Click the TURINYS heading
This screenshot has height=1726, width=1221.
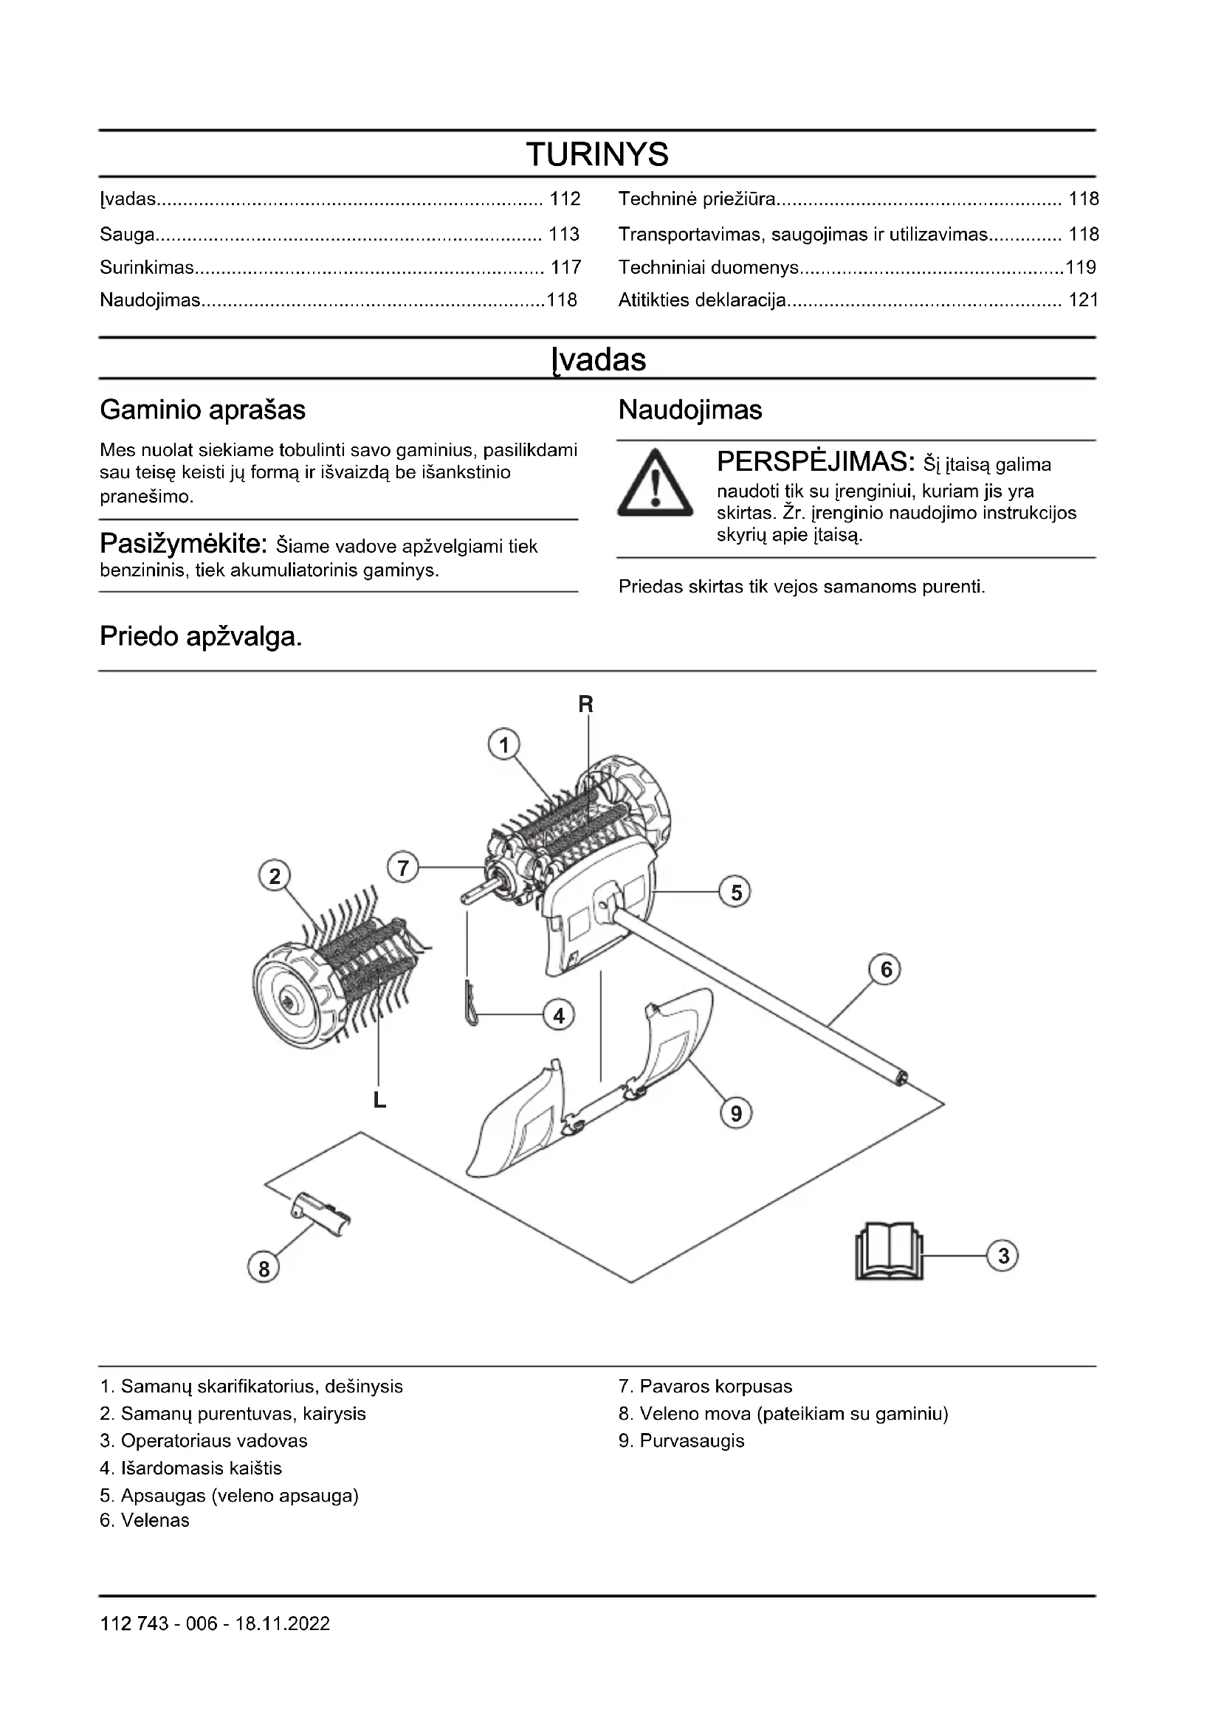coord(597,155)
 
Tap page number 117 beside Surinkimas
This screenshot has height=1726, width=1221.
coord(565,268)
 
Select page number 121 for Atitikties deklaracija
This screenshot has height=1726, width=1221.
coord(1084,300)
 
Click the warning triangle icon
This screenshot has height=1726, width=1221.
coord(656,483)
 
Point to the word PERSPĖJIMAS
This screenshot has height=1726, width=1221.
coord(816,460)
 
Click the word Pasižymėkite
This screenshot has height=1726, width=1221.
coord(184,544)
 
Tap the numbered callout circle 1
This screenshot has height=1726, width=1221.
coord(503,745)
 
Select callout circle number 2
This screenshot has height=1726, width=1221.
coord(275,876)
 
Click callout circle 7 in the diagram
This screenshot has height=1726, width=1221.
coord(403,869)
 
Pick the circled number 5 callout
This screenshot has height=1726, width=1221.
coord(735,892)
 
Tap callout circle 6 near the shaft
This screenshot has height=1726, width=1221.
coord(886,970)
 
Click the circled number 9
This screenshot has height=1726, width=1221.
coord(736,1114)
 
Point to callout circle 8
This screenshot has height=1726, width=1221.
coord(263,1269)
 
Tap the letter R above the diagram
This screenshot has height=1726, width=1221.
coord(585,705)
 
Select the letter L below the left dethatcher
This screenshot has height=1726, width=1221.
coord(379,1101)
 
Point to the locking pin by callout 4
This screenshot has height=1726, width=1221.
coord(471,1004)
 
